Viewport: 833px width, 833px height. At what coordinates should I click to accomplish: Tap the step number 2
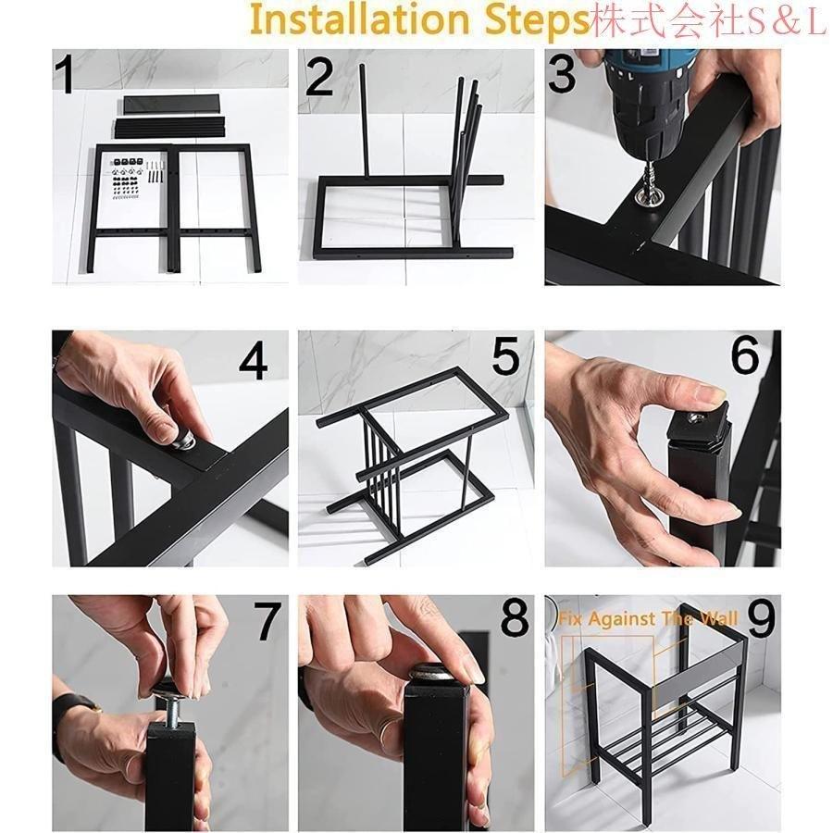click(320, 77)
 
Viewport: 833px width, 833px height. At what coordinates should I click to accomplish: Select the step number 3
click(562, 74)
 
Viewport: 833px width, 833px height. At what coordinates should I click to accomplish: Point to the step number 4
click(253, 359)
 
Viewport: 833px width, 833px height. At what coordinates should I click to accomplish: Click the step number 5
click(505, 356)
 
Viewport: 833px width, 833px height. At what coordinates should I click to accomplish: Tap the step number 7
click(267, 621)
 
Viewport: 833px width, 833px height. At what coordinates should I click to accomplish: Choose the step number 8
click(515, 618)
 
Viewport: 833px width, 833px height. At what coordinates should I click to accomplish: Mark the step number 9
click(761, 619)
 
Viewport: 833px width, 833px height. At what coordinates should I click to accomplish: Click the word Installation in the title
click(359, 19)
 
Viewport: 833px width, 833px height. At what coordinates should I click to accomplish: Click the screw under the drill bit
click(649, 190)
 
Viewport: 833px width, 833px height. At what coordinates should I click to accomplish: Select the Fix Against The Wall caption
click(648, 619)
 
